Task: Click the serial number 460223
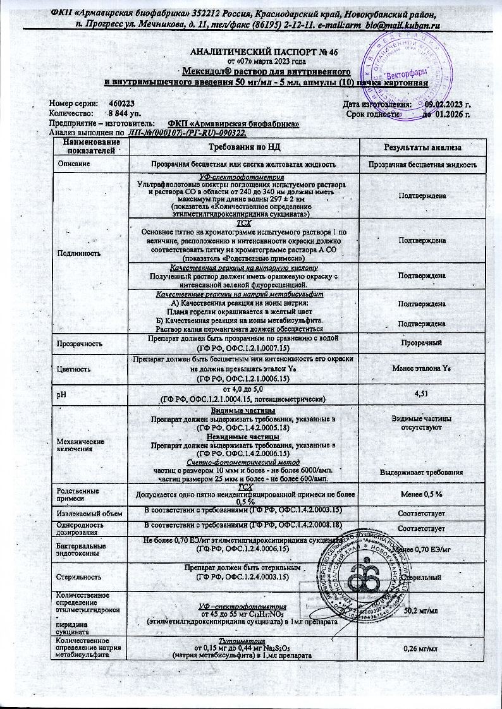(121, 103)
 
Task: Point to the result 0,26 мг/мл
(422, 649)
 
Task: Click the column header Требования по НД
(244, 147)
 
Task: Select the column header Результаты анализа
(422, 147)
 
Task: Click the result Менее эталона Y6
(422, 368)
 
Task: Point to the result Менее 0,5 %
(422, 492)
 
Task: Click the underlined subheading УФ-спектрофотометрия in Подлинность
(244, 176)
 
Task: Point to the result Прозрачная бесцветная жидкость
(422, 164)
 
